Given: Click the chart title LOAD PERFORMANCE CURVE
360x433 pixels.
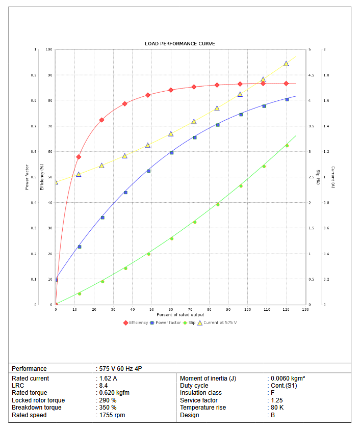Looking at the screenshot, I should point(180,44).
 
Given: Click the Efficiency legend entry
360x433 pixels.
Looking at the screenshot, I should point(138,322).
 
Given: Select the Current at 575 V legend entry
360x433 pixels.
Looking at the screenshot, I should point(220,322).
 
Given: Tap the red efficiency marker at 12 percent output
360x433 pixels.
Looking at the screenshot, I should point(79,157).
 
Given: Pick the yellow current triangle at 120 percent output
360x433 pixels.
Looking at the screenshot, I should point(286,64).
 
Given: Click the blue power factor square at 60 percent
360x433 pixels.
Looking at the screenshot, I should point(171,153).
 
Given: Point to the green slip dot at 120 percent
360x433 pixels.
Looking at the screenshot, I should point(287,146).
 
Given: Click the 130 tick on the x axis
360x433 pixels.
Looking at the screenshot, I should point(305,310).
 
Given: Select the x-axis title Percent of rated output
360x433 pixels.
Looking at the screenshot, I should point(180,315).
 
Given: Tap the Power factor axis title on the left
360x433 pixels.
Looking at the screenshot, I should point(27,177).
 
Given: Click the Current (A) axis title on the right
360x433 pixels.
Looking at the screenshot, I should point(332,177).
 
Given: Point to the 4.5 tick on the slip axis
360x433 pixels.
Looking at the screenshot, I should point(311,75).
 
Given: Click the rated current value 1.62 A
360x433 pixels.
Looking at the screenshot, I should point(107,378).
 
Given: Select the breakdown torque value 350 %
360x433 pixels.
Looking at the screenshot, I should point(108,408).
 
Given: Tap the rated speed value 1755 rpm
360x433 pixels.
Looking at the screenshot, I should point(112,415).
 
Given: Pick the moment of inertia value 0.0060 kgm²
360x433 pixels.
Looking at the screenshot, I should point(288,378).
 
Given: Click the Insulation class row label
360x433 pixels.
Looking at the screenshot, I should point(201,393).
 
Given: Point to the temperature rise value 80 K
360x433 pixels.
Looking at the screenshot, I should point(277,408).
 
